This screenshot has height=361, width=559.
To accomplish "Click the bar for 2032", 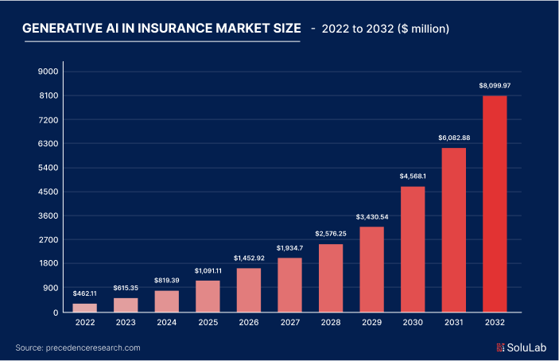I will coord(494,204).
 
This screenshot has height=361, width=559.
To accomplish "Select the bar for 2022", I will coord(85,308).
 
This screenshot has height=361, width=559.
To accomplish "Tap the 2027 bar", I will coord(289,285).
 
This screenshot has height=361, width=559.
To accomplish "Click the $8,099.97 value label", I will coord(494,85).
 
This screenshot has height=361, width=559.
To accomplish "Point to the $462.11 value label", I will coord(85,293).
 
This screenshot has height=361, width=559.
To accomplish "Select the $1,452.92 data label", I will coord(249,258).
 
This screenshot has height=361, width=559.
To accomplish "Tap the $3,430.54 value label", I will coord(371,217).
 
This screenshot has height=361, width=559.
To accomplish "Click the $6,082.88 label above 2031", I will coord(453,138).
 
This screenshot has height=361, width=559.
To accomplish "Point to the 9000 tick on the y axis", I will coord(49,72).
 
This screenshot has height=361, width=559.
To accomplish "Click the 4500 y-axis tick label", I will coord(49,192).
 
